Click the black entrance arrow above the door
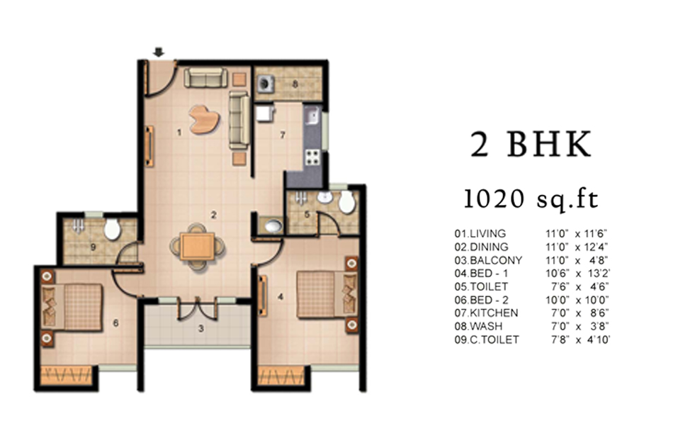(159, 52)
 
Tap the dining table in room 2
(197, 246)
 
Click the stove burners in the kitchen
(312, 157)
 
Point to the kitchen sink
(312, 115)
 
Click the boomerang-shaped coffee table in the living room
(204, 119)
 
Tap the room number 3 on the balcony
(200, 329)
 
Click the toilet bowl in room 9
(113, 229)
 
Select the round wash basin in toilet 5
(324, 198)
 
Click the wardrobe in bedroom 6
(67, 376)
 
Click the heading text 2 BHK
(531, 145)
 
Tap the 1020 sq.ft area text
(531, 199)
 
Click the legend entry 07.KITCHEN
(486, 313)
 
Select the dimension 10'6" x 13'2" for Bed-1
(577, 273)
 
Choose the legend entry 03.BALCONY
(488, 260)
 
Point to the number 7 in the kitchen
(283, 135)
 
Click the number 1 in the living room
(179, 133)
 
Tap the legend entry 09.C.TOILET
(487, 340)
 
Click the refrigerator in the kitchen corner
(265, 114)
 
